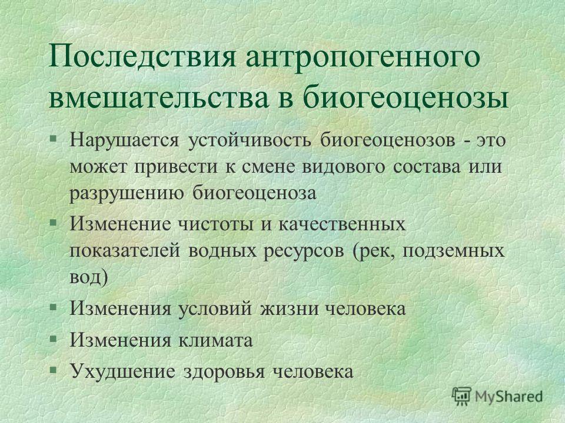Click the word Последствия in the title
[142, 57]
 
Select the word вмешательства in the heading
[158, 97]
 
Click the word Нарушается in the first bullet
[124, 140]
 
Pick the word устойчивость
[250, 140]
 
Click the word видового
[343, 167]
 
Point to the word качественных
[342, 224]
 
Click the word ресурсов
[304, 251]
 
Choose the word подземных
[453, 251]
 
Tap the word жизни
[290, 308]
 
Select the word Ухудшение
[122, 371]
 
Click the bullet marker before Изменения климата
[54, 339]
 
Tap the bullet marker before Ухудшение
[54, 370]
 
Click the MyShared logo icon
[461, 397]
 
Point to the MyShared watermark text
[508, 397]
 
